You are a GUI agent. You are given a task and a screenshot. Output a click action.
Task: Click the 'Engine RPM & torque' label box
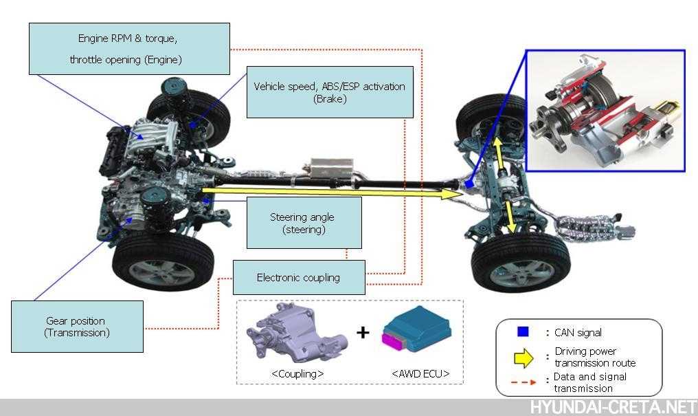pos(130,49)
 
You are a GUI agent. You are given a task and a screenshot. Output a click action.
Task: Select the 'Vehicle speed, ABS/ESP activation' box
pos(330,92)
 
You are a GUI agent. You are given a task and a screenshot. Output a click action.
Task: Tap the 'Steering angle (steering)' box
pos(304,223)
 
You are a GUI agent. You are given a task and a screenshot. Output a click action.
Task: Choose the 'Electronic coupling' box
pos(299,278)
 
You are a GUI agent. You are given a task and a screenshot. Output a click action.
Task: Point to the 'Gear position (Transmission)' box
pos(77,327)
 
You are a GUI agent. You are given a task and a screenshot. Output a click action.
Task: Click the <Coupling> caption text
pos(297,373)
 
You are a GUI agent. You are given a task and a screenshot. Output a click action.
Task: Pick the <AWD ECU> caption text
pos(420,373)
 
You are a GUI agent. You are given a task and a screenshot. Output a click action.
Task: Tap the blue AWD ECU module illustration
pos(416,329)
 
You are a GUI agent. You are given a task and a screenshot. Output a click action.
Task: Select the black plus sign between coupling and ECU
pos(363,332)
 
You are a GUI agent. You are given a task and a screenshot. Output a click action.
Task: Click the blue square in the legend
pos(523,332)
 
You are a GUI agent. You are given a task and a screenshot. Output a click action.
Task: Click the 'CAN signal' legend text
pos(578,332)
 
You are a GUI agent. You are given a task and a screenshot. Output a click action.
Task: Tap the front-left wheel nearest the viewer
pos(164,263)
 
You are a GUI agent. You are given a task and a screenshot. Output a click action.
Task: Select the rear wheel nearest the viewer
pos(521,263)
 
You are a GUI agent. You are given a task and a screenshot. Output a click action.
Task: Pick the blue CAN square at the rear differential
pos(469,184)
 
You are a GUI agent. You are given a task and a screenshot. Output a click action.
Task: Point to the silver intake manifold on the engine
pos(151,139)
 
